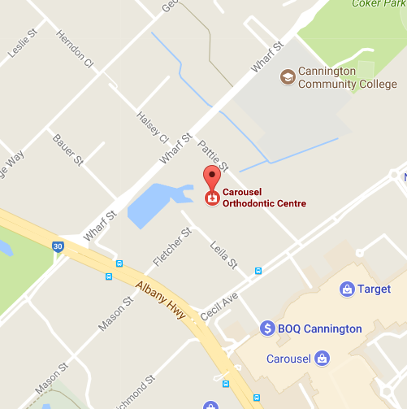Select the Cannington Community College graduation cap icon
pyautogui.click(x=287, y=77)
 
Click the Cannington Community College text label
pyautogui.click(x=348, y=77)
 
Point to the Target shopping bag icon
pyautogui.click(x=346, y=289)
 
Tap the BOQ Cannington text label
pyautogui.click(x=320, y=329)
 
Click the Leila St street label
pyautogui.click(x=223, y=255)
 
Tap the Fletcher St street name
pyautogui.click(x=172, y=248)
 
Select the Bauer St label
pyautogui.click(x=68, y=150)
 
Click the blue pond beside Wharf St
pyautogui.click(x=154, y=204)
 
